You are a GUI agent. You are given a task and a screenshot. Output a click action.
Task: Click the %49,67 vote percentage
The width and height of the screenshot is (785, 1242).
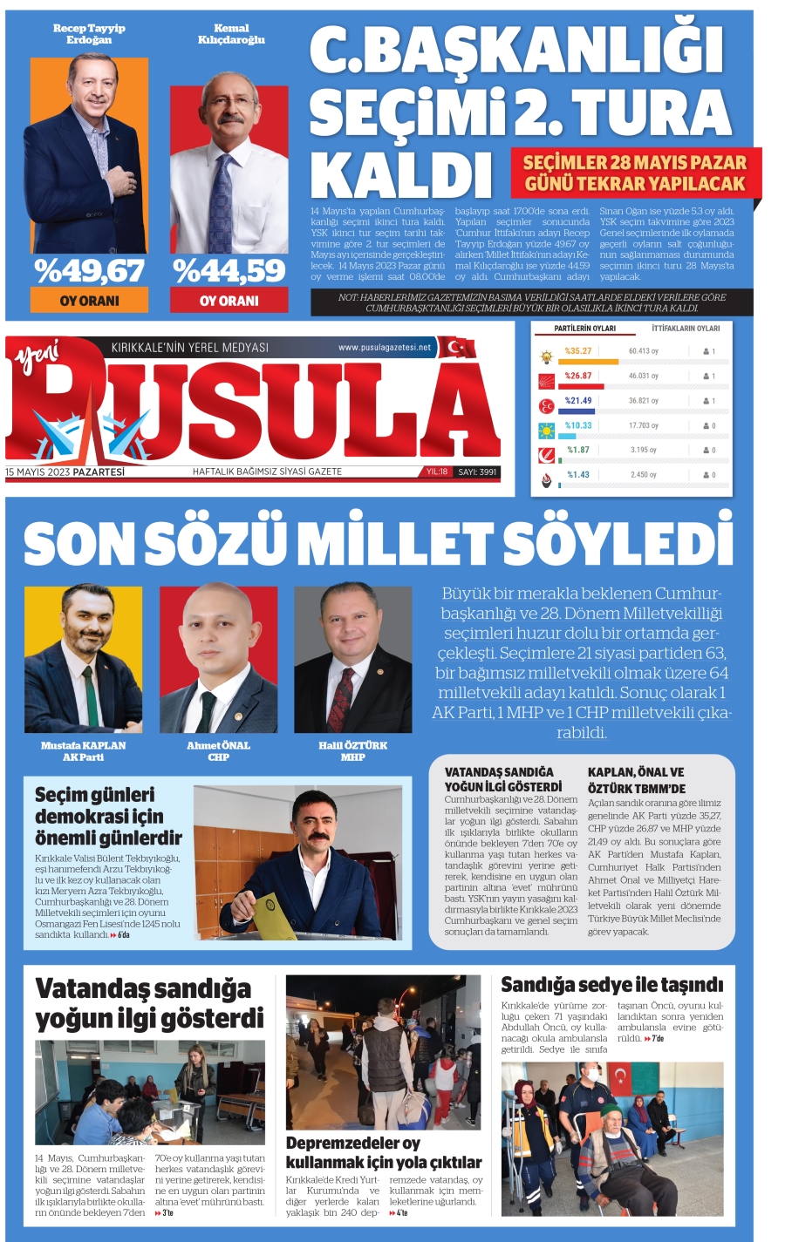point(89,271)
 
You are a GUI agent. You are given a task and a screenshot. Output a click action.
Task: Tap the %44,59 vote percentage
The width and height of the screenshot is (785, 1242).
point(229,271)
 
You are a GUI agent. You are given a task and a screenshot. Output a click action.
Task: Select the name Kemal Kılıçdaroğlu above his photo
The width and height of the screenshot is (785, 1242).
point(231,34)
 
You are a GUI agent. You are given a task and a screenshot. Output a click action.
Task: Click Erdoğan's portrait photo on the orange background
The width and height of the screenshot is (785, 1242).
point(89,155)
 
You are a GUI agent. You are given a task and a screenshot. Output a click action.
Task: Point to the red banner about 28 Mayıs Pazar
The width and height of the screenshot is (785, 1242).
point(635,173)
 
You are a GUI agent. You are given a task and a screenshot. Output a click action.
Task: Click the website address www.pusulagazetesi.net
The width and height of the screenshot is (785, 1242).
point(385,347)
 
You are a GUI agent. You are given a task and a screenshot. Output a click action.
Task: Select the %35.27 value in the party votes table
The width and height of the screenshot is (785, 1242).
point(577,351)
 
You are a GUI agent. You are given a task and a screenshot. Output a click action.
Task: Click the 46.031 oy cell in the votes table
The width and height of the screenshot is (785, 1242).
point(644,376)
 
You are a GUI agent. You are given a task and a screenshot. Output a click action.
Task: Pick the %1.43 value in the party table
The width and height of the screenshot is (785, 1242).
point(578,475)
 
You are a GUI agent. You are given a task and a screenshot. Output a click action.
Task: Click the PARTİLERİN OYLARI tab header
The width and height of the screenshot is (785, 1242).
point(584,329)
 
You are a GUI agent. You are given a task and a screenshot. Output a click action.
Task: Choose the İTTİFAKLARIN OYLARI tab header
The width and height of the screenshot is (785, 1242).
point(686,329)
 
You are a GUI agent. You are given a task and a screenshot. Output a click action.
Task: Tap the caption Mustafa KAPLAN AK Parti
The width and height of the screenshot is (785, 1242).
point(83,751)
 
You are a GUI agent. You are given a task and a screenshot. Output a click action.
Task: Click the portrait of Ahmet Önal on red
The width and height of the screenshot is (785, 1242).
point(218,659)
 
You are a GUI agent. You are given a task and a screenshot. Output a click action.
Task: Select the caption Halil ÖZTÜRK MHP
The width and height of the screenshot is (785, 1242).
point(352,751)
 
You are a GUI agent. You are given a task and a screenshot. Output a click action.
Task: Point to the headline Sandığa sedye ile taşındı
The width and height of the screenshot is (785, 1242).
point(612,985)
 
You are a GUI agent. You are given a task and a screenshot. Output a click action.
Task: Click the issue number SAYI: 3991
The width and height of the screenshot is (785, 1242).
point(477,472)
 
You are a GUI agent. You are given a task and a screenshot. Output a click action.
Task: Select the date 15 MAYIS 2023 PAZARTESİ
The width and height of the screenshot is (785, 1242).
point(65,472)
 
